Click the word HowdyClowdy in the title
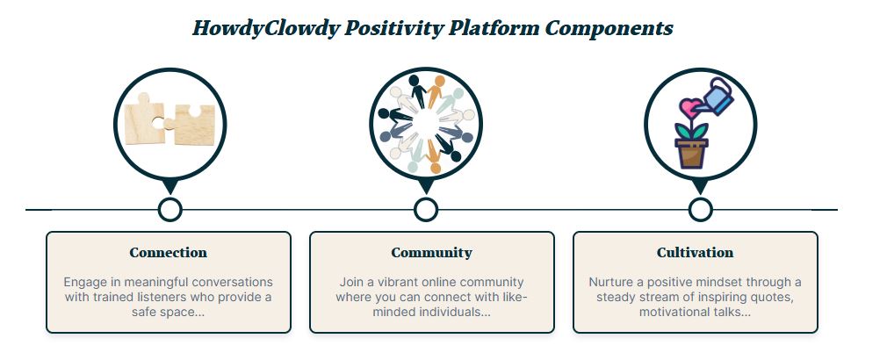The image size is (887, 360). (266, 28)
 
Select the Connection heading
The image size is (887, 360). (168, 253)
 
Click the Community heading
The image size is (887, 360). (431, 253)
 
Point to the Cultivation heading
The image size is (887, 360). (696, 253)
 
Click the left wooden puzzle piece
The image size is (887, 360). (144, 119)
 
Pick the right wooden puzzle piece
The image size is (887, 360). (191, 125)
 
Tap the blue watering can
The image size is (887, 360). (715, 97)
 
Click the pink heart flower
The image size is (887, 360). (690, 107)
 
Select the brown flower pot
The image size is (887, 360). (691, 154)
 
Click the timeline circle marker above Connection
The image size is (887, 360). (169, 210)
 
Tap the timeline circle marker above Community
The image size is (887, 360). (426, 210)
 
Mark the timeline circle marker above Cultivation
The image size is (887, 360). (700, 210)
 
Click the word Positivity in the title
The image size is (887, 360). (393, 28)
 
